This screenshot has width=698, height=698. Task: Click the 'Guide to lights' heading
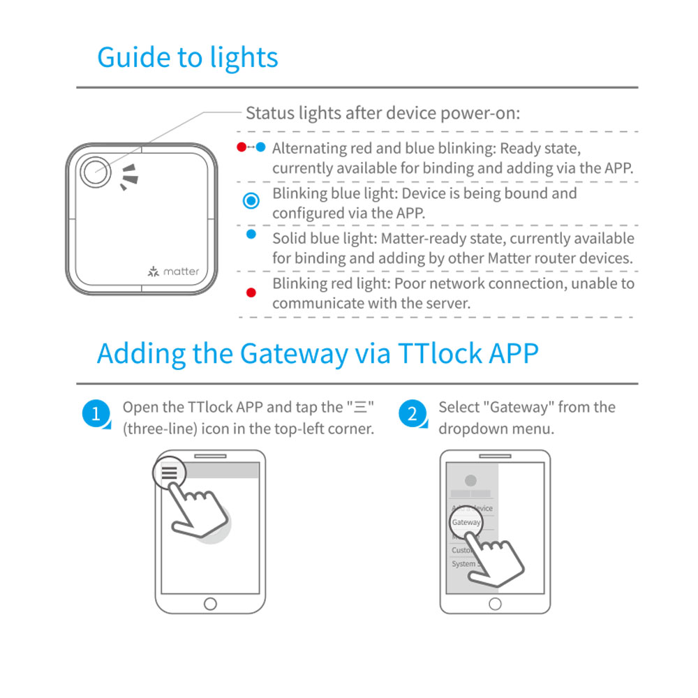coord(187,57)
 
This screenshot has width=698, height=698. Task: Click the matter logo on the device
coord(174,272)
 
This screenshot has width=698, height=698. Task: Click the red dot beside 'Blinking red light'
coord(251,292)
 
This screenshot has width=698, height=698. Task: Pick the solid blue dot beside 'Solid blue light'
coord(251,235)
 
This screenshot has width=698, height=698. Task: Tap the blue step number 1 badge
coord(96,414)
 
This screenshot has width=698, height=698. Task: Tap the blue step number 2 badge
coord(412,414)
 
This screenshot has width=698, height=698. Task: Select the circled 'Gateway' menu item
coord(466,522)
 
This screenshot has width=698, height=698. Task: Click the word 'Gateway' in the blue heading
coord(292,354)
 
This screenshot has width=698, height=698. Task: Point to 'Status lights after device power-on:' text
coord(383,113)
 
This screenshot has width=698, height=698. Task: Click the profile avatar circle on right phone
coord(470,480)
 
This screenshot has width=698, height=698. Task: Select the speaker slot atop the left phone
coord(210,456)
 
